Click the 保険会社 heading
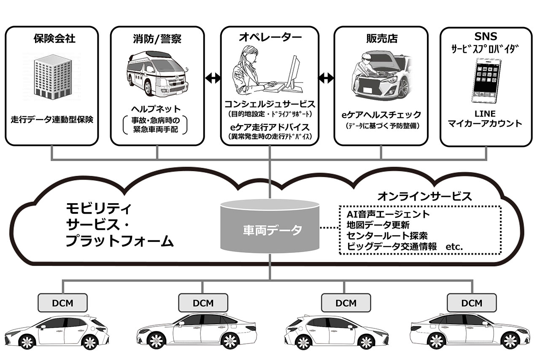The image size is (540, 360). [x=54, y=39]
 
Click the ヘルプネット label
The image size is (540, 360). [x=156, y=109]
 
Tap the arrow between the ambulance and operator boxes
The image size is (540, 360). [x=213, y=78]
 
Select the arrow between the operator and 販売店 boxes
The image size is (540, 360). [x=326, y=78]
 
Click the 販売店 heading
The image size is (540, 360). [x=382, y=38]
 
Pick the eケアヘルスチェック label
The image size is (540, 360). [x=381, y=115]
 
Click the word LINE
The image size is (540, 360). [x=485, y=114]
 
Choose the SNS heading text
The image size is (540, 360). [x=486, y=37]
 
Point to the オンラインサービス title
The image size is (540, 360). [x=424, y=196]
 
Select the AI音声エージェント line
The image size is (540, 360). [x=388, y=214]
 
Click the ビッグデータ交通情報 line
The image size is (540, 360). [x=392, y=247]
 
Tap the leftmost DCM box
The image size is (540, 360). [x=63, y=303]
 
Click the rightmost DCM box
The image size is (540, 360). [x=472, y=303]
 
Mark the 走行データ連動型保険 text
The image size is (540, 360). [x=52, y=120]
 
